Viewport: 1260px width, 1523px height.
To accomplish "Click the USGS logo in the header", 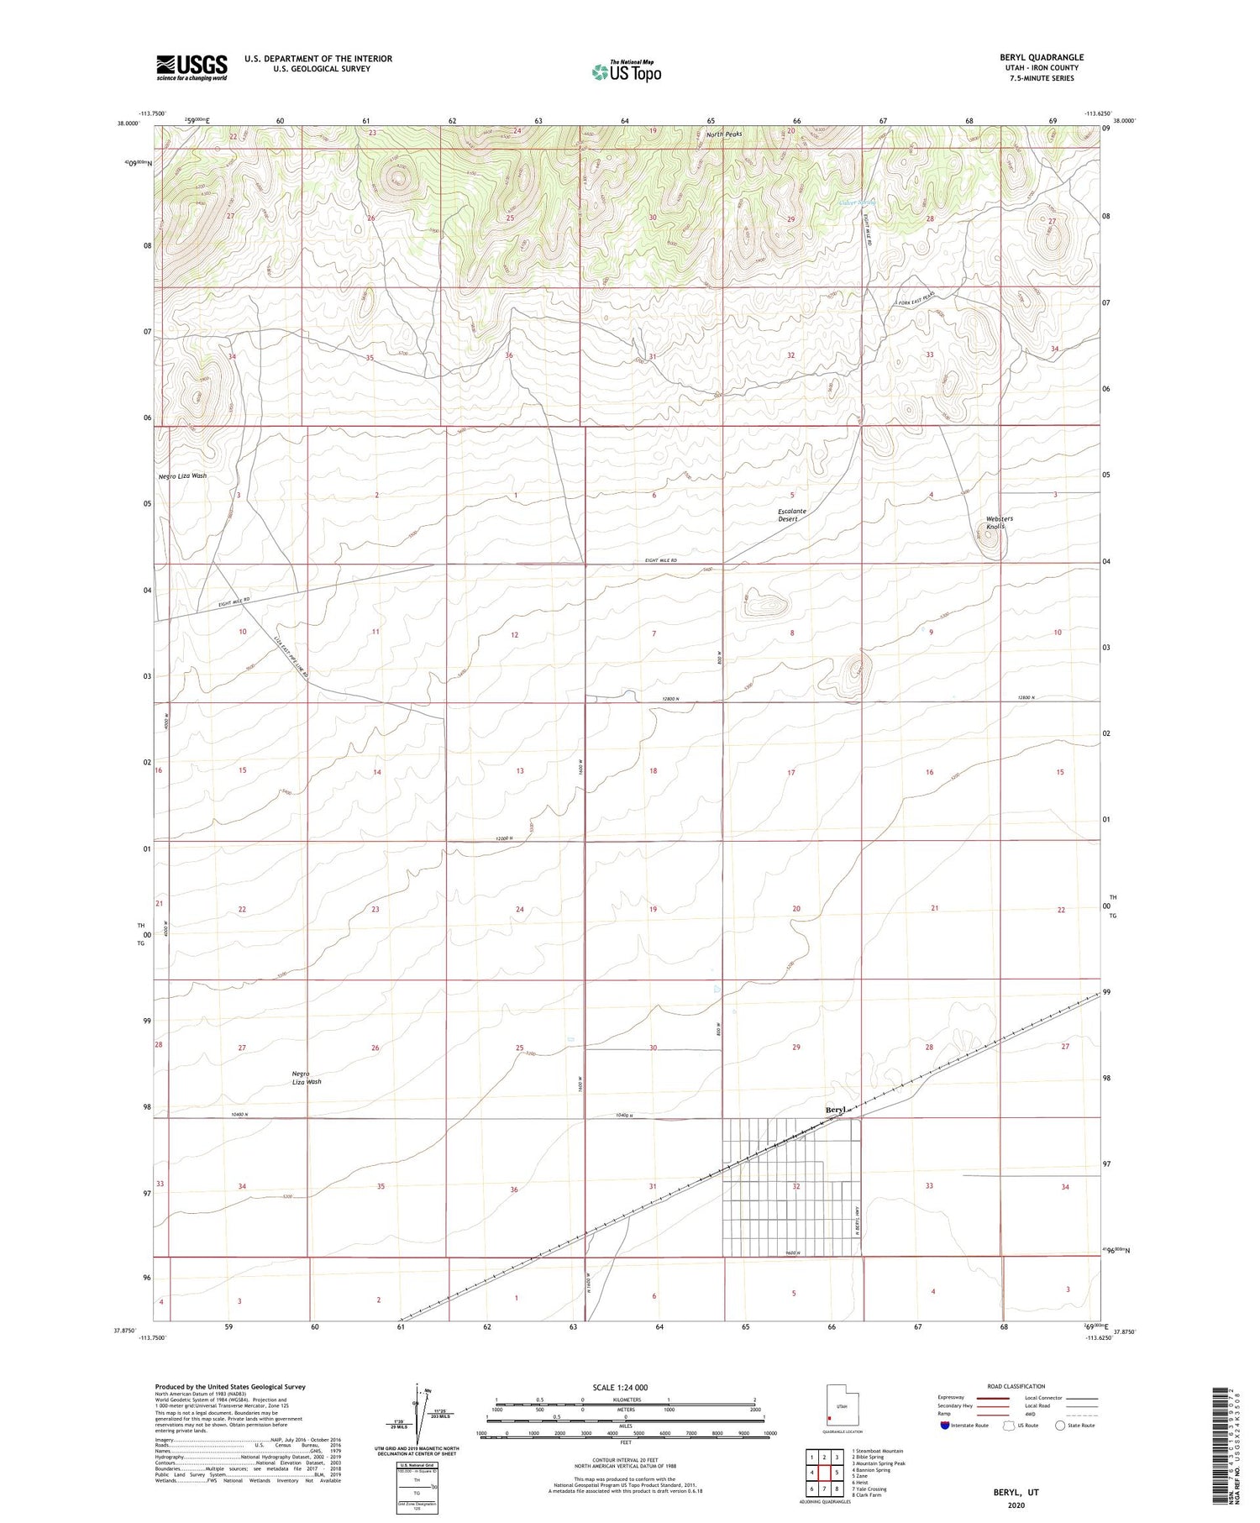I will [x=192, y=67].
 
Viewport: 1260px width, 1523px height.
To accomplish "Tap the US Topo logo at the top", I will [x=626, y=72].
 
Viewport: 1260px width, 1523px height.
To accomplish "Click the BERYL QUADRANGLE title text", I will [x=1041, y=58].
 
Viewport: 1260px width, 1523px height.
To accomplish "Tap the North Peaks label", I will [x=724, y=134].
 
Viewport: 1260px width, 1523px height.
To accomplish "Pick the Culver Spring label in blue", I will [x=856, y=203].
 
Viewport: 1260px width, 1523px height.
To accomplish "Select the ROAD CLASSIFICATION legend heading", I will [x=1016, y=1386].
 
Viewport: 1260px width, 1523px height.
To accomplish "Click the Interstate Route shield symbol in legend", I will [x=946, y=1426].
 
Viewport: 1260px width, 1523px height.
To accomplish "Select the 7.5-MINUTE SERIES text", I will [x=1041, y=78].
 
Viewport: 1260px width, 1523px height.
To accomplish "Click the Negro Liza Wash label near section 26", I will [x=307, y=1078].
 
